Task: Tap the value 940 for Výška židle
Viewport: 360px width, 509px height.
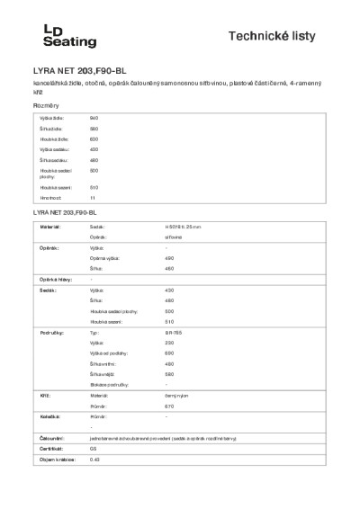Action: coord(94,119)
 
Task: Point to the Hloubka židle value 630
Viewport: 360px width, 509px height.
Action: coord(94,138)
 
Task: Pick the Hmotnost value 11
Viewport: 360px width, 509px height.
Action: coord(92,197)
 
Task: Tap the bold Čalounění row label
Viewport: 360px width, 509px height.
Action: coord(50,437)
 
